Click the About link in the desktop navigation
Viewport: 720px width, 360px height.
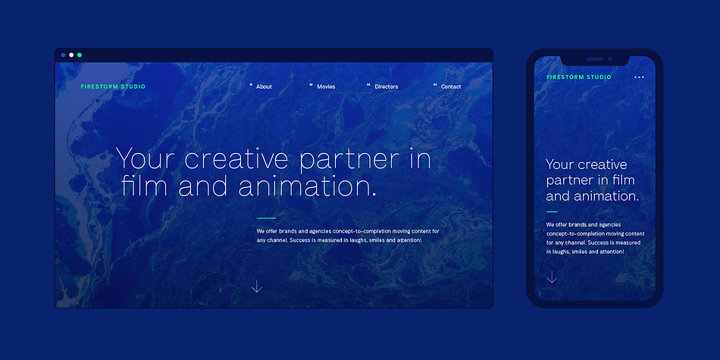(x=264, y=86)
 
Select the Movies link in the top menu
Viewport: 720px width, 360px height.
(x=326, y=86)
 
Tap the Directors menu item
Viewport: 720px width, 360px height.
(x=387, y=86)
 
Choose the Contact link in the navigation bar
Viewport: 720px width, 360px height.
(x=451, y=86)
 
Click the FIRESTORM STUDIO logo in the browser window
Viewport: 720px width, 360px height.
(x=113, y=86)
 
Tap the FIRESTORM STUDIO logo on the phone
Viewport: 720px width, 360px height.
(x=579, y=77)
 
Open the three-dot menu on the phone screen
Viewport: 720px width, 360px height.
(x=639, y=77)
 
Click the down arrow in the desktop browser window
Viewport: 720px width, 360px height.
(x=257, y=286)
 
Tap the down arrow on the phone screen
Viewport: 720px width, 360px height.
(x=552, y=277)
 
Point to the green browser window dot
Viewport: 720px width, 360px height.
(x=80, y=55)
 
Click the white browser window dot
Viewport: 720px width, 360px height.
(x=71, y=55)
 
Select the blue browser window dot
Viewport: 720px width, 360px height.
(x=63, y=55)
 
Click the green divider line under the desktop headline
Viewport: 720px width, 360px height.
(x=266, y=218)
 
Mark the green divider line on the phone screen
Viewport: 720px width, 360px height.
(x=552, y=211)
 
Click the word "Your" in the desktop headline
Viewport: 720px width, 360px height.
(x=146, y=159)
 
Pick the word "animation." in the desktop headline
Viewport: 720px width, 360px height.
(x=307, y=186)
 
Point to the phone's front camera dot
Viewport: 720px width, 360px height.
(x=610, y=59)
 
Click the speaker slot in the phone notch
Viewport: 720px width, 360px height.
(x=595, y=59)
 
